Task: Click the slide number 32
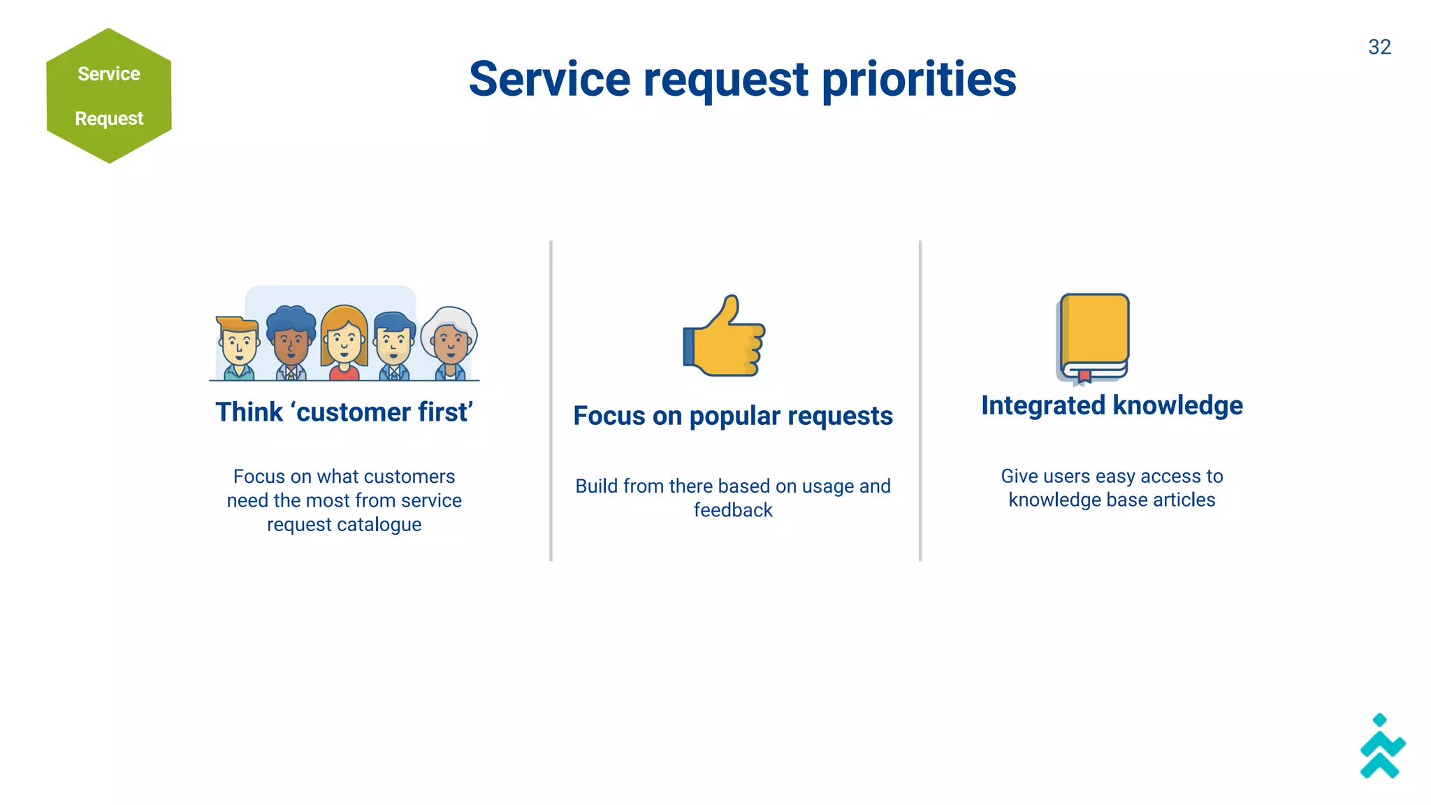coord(1379,47)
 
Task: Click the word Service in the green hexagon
coord(109,73)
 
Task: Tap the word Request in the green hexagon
coord(109,118)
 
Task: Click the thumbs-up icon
coord(725,338)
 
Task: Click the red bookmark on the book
coord(1084,377)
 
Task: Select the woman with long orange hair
coord(344,341)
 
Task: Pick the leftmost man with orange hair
coord(239,345)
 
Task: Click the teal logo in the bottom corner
coord(1381,747)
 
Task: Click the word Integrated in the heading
coord(1043,405)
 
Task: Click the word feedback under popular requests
coord(733,510)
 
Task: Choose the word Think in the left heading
coord(249,412)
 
